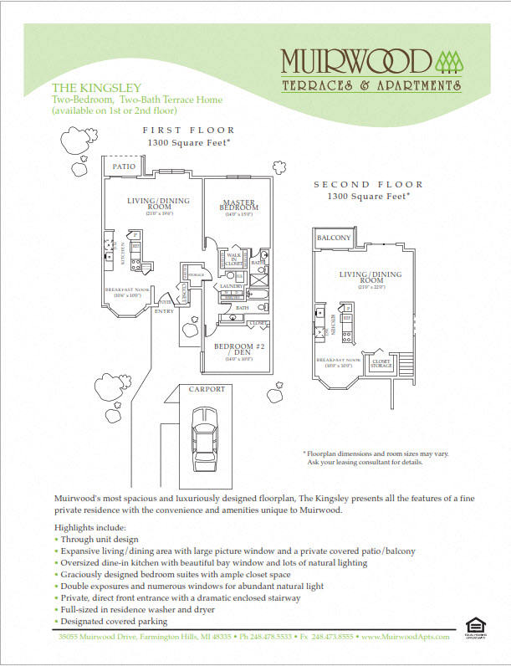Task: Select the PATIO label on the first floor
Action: click(x=124, y=166)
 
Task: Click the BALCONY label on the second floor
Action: click(x=334, y=238)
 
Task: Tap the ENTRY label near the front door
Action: click(x=164, y=310)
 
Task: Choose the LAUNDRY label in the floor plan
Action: click(x=231, y=286)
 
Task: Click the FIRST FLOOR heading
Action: click(x=188, y=131)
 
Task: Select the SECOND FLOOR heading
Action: click(x=368, y=185)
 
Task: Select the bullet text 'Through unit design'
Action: click(x=99, y=540)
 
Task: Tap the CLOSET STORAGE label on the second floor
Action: click(x=381, y=364)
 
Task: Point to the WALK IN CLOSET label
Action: click(x=234, y=259)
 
